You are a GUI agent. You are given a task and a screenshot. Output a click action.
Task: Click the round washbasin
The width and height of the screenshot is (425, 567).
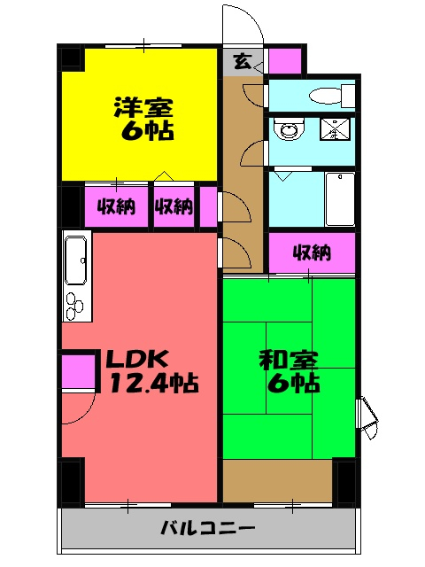pyautogui.click(x=288, y=129)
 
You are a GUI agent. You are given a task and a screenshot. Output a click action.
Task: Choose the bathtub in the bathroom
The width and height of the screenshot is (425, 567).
pyautogui.click(x=340, y=198)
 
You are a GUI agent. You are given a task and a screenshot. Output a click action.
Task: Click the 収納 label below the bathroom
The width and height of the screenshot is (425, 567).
pyautogui.click(x=312, y=253)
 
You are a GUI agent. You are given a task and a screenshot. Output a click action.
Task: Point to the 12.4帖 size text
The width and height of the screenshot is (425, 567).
pyautogui.click(x=152, y=384)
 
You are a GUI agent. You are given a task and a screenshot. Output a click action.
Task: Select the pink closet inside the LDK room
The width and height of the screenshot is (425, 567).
pyautogui.click(x=78, y=370)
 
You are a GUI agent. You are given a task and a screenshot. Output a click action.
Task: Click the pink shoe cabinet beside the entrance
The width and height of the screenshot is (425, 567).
pyautogui.click(x=284, y=62)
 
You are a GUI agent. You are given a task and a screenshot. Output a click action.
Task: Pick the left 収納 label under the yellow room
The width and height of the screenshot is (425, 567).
pyautogui.click(x=116, y=207)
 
